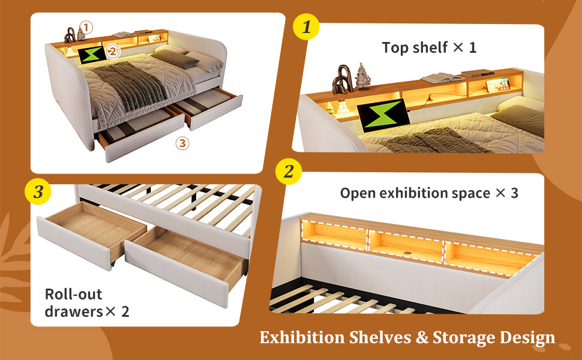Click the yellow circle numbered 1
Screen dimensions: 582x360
coord(306,26)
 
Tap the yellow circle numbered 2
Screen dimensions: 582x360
coord(289,171)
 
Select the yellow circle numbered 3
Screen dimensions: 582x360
coord(38,191)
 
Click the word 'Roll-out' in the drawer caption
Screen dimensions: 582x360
coord(73,294)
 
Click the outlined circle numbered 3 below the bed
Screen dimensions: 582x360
coord(182,143)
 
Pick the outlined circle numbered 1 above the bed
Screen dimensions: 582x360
coord(86,27)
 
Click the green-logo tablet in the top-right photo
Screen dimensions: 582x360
coord(383,115)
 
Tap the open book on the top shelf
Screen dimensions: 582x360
coord(442,79)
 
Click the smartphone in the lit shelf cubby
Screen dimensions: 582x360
coord(498,85)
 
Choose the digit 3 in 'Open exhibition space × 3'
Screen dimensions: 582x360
coord(514,193)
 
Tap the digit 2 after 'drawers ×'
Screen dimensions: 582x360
coord(125,311)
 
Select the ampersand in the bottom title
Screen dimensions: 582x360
coord(422,338)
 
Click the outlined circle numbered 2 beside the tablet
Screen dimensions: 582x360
coord(113,51)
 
